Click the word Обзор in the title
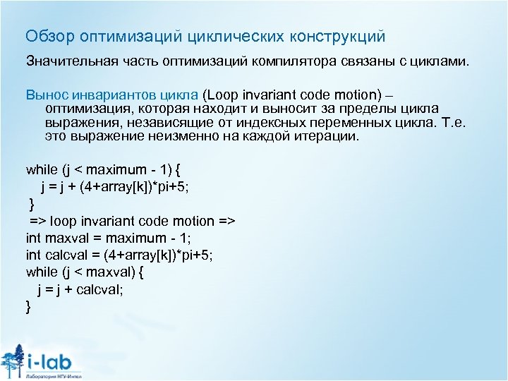[45, 35]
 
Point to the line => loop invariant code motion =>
[132, 221]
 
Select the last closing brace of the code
[28, 306]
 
